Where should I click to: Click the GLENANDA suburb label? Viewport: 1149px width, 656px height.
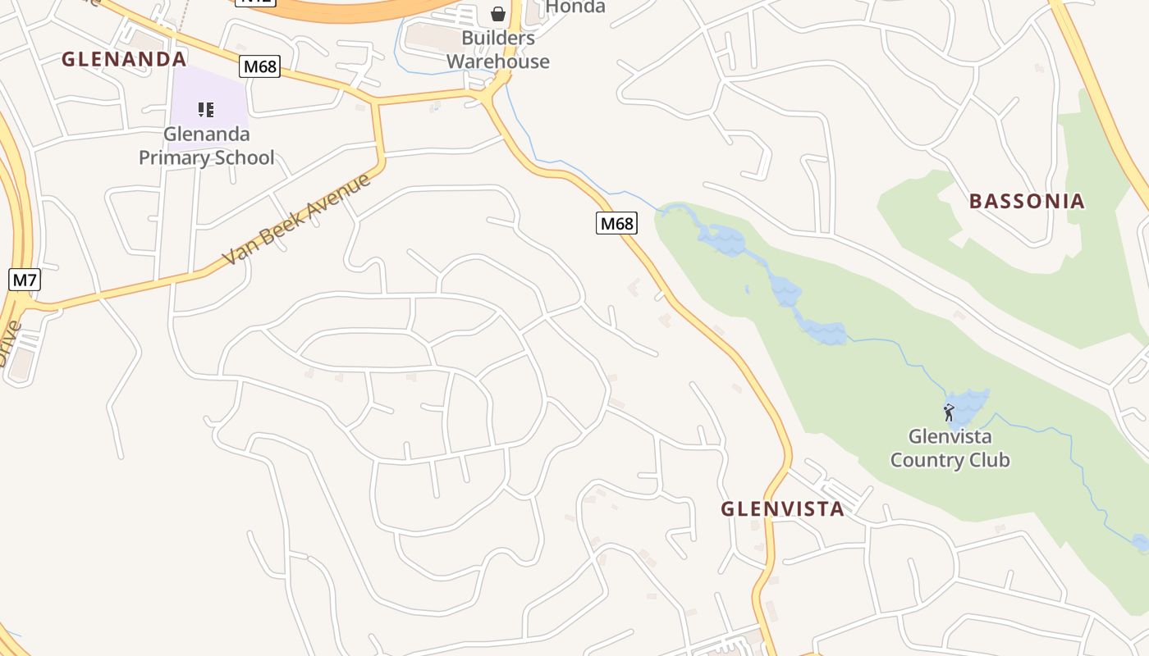(x=124, y=59)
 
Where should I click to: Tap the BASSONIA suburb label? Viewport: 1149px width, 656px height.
(x=1027, y=201)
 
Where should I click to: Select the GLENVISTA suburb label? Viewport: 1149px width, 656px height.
(x=782, y=508)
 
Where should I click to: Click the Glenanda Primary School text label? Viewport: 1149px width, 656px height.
(x=206, y=146)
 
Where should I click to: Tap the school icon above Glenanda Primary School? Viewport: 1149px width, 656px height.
(x=206, y=109)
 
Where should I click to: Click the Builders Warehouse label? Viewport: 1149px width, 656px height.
(x=498, y=49)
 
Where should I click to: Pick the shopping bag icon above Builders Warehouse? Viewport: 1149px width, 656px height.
(x=498, y=14)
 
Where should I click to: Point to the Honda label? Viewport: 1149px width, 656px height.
(x=575, y=7)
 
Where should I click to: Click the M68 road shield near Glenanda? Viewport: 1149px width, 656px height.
(x=260, y=66)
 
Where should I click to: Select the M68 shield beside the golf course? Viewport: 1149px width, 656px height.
(x=616, y=223)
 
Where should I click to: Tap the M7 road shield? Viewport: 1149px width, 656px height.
(x=24, y=280)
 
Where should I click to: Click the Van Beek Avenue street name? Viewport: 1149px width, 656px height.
(x=297, y=219)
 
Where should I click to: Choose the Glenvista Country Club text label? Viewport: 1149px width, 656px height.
(x=950, y=448)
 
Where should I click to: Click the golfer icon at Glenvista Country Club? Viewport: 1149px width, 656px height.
(x=949, y=412)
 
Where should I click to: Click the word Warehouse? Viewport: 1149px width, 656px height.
(x=498, y=61)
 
